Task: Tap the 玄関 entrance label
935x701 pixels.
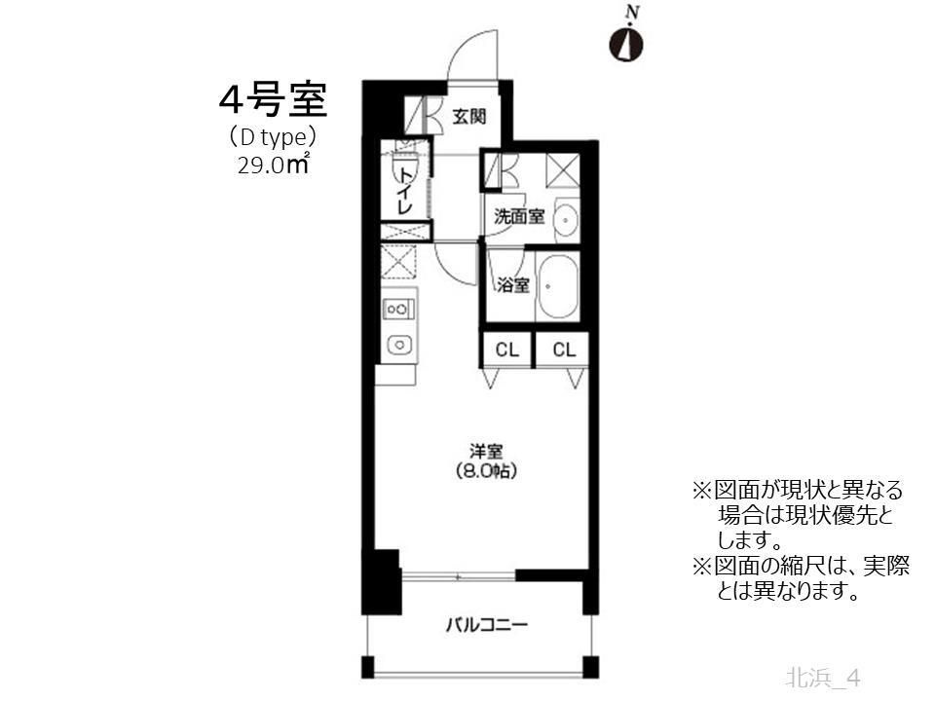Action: coord(469,118)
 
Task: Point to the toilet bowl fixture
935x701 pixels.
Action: coord(402,169)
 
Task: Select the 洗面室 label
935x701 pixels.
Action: coord(518,216)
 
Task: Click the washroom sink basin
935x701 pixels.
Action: coord(566,222)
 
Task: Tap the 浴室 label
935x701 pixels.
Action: coord(512,285)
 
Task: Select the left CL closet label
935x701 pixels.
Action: coord(506,350)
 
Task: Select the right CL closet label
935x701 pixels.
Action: coord(564,350)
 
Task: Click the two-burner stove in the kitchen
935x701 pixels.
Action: coord(397,310)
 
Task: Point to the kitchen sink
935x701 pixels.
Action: coord(397,344)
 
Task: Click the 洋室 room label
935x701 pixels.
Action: coord(485,452)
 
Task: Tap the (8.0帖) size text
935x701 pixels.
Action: coord(485,471)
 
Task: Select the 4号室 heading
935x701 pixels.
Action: coord(272,100)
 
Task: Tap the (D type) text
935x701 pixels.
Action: coord(272,137)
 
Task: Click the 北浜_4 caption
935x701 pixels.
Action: coord(823,676)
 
